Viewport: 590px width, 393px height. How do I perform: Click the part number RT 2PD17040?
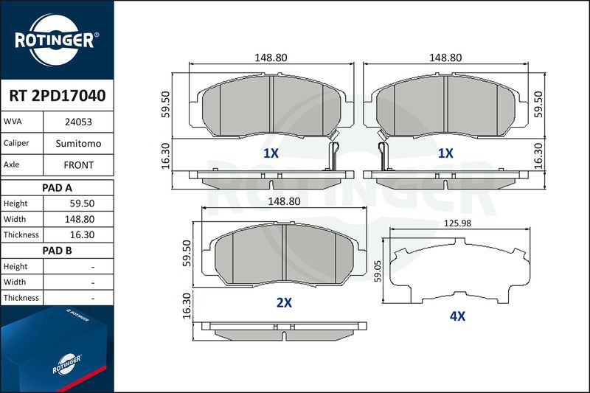[x=58, y=96]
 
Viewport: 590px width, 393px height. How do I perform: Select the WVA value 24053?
[x=78, y=122]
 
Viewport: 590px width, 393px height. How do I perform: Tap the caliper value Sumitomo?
[x=78, y=143]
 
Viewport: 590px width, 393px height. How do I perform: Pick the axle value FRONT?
[x=78, y=165]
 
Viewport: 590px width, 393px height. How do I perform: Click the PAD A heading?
[x=57, y=188]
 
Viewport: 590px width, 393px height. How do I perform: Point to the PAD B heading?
[x=57, y=251]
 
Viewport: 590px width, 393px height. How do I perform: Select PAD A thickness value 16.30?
[x=82, y=234]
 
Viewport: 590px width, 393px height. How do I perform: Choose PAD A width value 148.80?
[x=80, y=219]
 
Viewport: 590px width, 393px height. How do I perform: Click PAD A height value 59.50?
[x=82, y=204]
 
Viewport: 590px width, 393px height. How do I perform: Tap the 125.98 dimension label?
[x=457, y=223]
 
